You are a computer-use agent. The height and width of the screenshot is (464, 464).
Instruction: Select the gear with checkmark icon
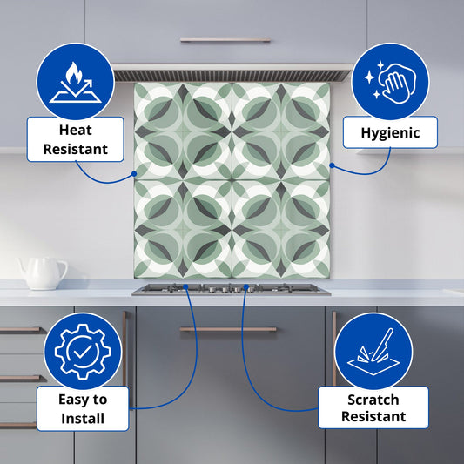click(83, 351)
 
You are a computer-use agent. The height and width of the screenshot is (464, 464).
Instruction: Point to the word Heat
click(76, 130)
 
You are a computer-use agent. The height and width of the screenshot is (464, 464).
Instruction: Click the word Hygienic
click(390, 133)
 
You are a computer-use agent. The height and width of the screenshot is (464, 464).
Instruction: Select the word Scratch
click(373, 400)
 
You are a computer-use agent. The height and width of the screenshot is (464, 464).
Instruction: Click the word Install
click(83, 419)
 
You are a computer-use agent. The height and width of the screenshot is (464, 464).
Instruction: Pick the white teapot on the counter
click(43, 273)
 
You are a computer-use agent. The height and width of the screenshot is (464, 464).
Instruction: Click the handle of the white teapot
click(62, 269)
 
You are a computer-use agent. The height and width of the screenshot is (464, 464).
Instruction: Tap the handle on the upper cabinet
click(225, 40)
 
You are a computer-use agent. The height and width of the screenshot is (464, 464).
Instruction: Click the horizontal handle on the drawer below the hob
click(228, 329)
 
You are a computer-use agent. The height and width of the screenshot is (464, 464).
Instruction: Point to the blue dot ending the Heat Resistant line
click(134, 174)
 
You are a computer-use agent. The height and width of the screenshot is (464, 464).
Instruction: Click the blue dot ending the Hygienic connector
click(332, 165)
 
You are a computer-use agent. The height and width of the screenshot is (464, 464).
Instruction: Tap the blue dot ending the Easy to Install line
click(185, 286)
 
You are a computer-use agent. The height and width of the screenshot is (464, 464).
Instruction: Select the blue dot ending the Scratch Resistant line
click(245, 286)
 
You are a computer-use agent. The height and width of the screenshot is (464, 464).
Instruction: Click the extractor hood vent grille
click(231, 76)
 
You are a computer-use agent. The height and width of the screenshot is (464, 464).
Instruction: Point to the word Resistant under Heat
click(76, 149)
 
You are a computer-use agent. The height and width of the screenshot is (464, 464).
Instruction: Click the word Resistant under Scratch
click(373, 416)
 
